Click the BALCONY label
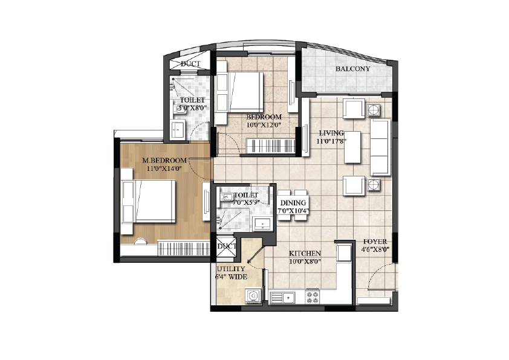(352, 69)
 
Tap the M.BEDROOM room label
(164, 160)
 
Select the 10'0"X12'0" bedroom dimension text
(264, 125)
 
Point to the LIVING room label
(331, 133)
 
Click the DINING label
(293, 203)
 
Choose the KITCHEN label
(305, 253)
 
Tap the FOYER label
(375, 242)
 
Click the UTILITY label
(231, 269)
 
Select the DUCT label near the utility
(227, 246)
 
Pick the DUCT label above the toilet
(190, 64)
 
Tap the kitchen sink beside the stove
(282, 297)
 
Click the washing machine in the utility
(253, 296)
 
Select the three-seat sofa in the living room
(380, 147)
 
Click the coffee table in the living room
(352, 147)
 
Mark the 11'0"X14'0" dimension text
(164, 169)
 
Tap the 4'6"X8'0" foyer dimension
(375, 249)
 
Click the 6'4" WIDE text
(231, 277)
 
